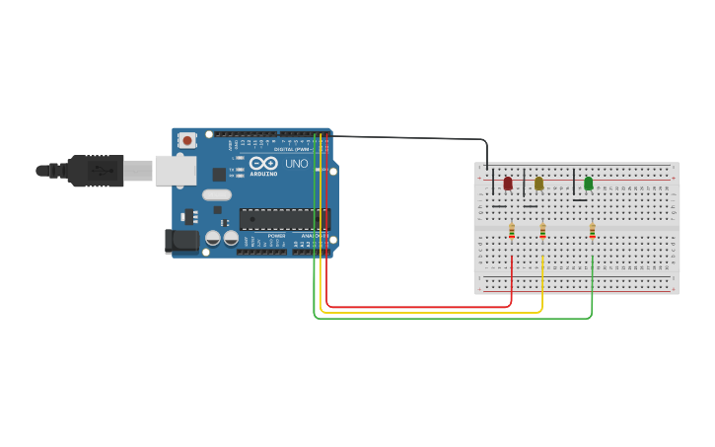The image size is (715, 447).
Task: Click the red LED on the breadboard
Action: click(508, 184)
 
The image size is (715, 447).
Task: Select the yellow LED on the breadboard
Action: click(538, 184)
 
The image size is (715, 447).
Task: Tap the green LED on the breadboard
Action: click(589, 184)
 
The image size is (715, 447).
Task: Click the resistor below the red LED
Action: click(512, 232)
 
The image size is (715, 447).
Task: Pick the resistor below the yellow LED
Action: click(542, 232)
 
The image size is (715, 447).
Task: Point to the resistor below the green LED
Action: click(593, 232)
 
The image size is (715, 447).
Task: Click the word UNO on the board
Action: click(297, 164)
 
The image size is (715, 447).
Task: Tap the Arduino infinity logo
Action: click(263, 163)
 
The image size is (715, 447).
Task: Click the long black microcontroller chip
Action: click(284, 219)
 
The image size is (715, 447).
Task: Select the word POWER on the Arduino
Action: click(276, 237)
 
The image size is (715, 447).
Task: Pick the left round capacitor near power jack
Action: click(212, 239)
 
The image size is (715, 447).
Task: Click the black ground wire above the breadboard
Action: click(414, 138)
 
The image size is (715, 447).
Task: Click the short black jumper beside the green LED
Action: click(574, 183)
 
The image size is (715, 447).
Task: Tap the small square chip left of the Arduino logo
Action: click(219, 175)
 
